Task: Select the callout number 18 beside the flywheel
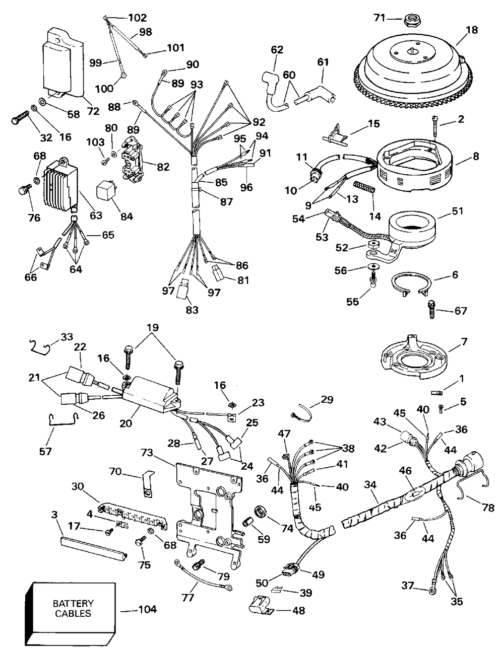tap(472, 30)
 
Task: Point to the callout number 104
tap(147, 609)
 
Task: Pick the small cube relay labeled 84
tap(105, 191)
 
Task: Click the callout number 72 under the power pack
tap(93, 111)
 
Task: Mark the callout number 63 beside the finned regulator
tap(96, 215)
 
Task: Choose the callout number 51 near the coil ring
tap(457, 211)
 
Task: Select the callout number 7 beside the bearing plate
tap(464, 342)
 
